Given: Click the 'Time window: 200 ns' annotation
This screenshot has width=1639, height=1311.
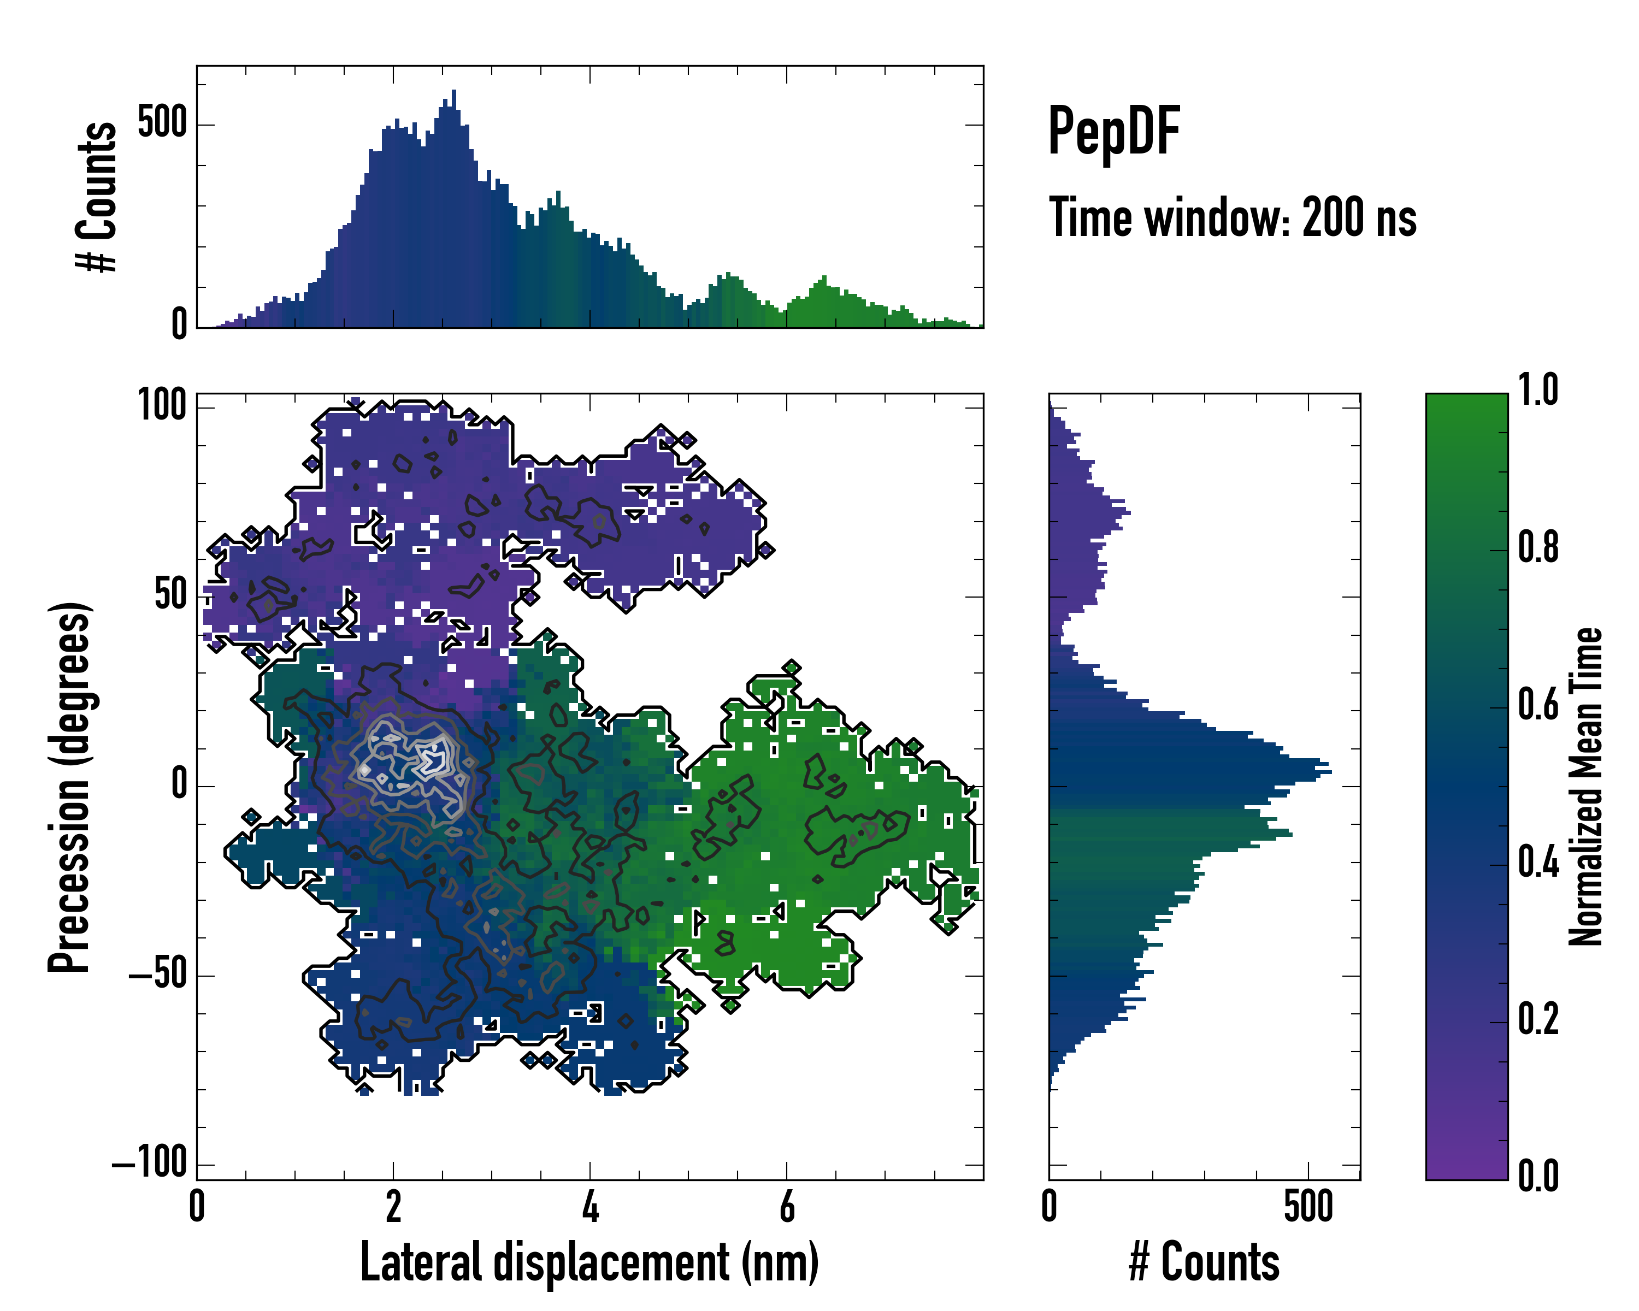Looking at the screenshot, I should [1233, 218].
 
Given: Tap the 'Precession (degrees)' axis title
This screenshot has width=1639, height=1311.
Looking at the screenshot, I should [70, 787].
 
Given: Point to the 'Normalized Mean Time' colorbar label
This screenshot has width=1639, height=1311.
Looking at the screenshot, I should [1586, 787].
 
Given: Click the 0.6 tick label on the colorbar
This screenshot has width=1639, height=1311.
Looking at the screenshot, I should [1538, 705].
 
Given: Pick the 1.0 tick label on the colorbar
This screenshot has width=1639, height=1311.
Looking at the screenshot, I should [1538, 390].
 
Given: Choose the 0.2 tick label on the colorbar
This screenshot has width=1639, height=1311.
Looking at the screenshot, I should [1538, 1019].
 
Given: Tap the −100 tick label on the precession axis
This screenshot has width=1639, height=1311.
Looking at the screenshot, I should [150, 1163].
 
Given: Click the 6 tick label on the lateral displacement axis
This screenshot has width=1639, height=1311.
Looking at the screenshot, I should [787, 1207].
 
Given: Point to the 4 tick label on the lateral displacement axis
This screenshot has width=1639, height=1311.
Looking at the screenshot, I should [590, 1207].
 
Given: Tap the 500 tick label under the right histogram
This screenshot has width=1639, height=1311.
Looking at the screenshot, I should [1308, 1207].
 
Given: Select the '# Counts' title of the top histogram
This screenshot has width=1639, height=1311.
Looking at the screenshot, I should [97, 196].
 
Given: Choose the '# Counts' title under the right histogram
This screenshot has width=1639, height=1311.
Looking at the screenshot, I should [1204, 1262].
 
